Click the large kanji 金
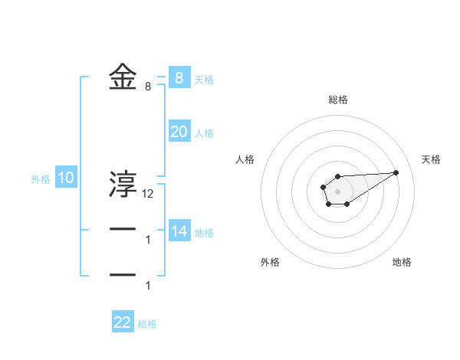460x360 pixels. pos(123,77)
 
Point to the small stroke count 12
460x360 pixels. pos(148,194)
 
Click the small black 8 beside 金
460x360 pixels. pos(147,87)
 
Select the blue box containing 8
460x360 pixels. pos(179,77)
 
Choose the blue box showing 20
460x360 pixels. pos(179,131)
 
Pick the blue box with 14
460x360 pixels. pos(179,231)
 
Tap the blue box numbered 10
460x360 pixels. pos(66,178)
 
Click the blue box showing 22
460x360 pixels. pos(123,322)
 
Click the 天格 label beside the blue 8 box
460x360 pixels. pos(204,80)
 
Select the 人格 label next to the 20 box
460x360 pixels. pos(204,133)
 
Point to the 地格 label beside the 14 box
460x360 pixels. pos(204,233)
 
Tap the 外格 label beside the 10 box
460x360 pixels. pos(41,180)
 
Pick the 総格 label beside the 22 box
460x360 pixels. pos(147,324)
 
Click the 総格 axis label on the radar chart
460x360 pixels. pos(338,100)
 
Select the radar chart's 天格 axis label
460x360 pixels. pos(431,159)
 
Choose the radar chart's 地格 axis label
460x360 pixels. pos(402,262)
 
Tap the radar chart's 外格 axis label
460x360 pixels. pos(270,262)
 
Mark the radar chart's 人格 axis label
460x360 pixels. pos(245,159)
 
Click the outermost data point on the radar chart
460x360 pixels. pos(396,172)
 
